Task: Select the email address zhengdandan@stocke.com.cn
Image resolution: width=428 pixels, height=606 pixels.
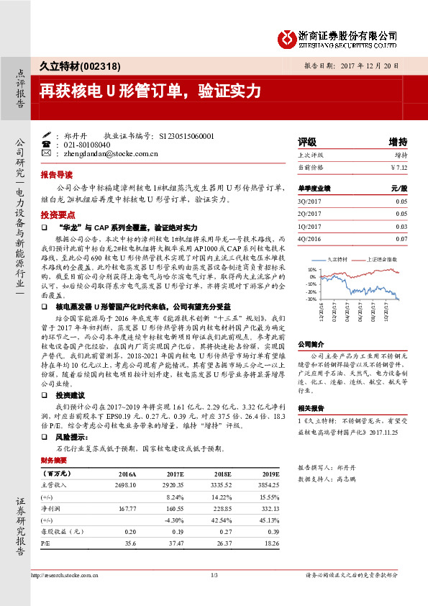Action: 110,153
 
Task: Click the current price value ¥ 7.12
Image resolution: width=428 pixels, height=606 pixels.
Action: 398,167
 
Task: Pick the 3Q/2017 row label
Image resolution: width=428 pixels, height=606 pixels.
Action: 309,202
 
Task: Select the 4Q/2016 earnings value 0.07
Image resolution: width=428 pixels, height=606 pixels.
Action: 401,238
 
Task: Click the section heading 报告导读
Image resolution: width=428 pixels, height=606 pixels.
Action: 56,174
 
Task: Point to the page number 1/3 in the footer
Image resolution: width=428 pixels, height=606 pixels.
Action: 214,576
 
